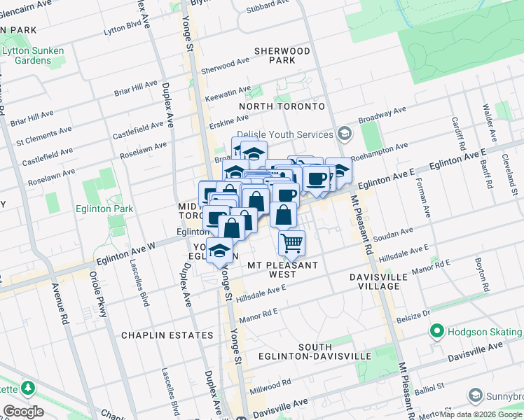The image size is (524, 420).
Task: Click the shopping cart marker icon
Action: [291, 243]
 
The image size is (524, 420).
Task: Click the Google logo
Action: [23, 412]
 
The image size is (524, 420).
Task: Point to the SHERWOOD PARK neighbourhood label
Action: [282, 56]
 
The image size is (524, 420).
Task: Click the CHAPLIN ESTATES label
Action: [167, 335]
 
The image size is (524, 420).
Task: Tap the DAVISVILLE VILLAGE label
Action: [379, 282]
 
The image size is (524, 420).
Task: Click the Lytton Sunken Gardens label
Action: [32, 56]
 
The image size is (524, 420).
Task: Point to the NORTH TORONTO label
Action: [282, 106]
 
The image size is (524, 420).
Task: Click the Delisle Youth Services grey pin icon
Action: [344, 133]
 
